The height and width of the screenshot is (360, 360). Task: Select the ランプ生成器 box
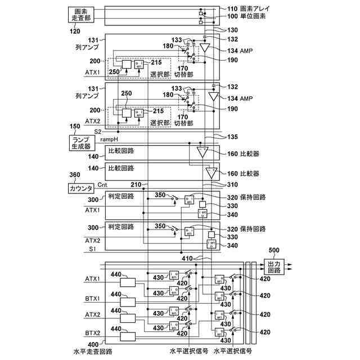point(81,143)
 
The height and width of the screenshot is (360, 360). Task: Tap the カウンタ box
point(81,188)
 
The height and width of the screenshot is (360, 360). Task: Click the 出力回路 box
point(277,266)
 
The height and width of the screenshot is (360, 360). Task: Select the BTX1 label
point(92,299)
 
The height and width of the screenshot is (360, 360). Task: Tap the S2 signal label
point(97,132)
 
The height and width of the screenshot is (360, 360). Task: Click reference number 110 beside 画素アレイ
point(232,9)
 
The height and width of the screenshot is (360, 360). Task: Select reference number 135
point(232,136)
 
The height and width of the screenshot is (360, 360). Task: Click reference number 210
point(136,184)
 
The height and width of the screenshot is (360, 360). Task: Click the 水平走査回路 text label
point(93,351)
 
